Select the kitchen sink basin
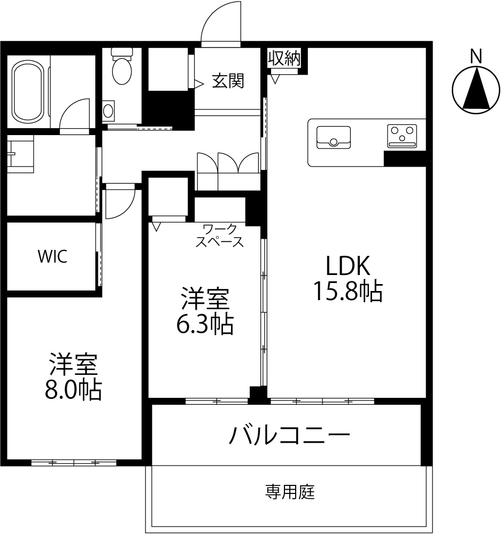(x=334, y=137)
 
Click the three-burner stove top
(x=402, y=136)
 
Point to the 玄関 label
(x=228, y=81)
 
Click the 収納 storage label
(x=284, y=58)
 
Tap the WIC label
(x=52, y=256)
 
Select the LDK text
(x=348, y=265)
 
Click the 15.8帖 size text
(x=348, y=291)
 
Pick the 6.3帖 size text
(x=205, y=324)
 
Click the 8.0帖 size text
(x=73, y=390)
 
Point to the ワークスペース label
(x=219, y=235)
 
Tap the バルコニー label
(x=290, y=435)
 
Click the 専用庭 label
(x=290, y=492)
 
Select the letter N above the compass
(x=476, y=56)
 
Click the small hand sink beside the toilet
(x=108, y=111)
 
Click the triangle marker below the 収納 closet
(x=275, y=80)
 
